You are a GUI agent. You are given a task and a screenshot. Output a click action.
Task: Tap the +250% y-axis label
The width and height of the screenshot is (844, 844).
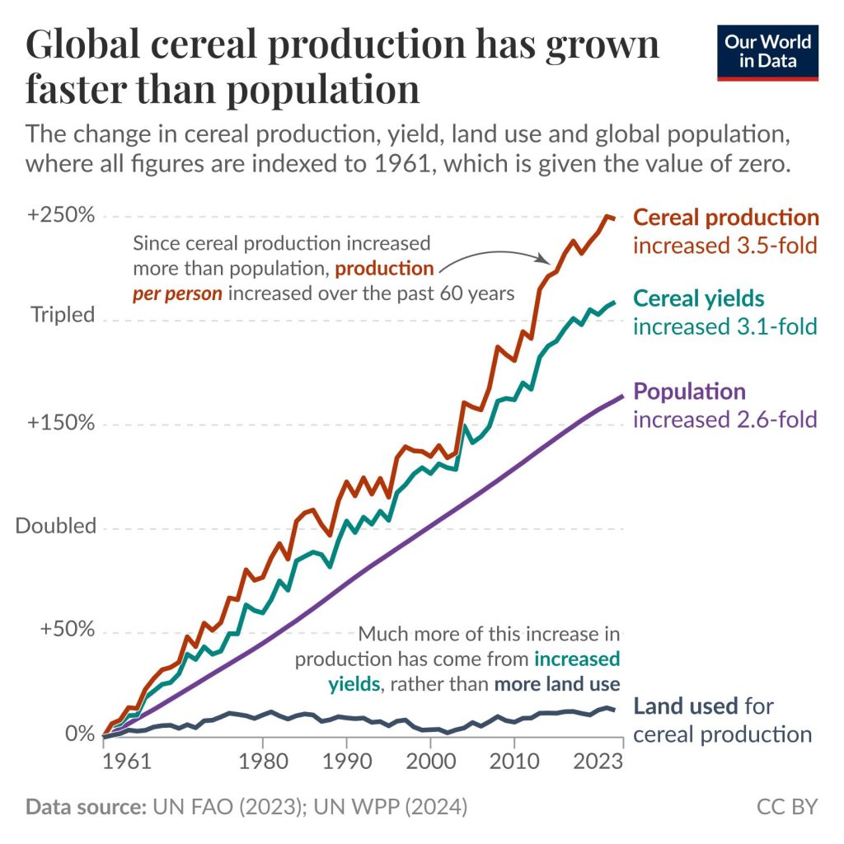tap(61, 215)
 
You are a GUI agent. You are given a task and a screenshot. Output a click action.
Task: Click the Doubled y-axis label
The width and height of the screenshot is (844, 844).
tap(56, 526)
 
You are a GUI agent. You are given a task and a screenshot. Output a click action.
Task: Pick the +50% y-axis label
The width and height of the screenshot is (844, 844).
tap(68, 631)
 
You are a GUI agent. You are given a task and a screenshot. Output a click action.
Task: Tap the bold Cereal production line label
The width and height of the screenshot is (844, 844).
tap(726, 218)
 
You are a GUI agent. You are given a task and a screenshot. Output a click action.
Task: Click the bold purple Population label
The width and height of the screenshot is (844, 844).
tap(689, 392)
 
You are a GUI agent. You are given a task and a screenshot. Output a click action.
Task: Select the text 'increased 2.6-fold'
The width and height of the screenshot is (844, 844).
tap(724, 420)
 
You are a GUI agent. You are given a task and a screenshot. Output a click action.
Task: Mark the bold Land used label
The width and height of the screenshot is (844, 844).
tap(681, 706)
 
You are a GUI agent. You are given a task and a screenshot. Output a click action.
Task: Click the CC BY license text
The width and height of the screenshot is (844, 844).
tap(787, 806)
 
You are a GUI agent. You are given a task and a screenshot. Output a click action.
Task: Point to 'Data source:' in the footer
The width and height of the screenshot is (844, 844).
tap(83, 806)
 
